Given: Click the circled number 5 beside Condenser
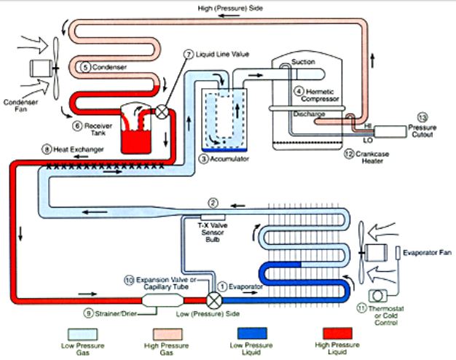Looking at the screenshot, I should coord(85,67).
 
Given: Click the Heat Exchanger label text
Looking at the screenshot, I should coord(78,149).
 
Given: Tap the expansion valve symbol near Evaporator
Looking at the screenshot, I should coord(214,298).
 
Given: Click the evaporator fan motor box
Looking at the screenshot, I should coord(378,255).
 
